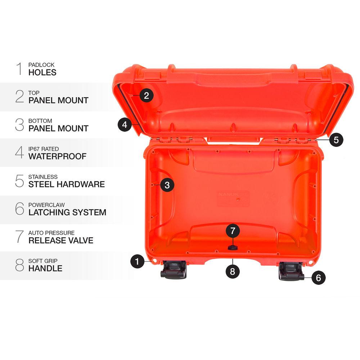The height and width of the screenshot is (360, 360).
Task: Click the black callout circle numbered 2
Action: point(146,96)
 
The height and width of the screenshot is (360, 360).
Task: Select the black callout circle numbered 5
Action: point(336,140)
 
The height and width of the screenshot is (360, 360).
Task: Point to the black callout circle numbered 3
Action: point(167,185)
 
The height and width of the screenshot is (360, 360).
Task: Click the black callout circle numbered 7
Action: point(233,230)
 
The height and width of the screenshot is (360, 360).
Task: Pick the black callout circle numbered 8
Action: point(233,271)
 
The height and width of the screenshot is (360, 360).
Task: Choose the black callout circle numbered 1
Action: point(137,261)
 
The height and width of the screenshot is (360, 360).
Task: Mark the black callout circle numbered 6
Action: point(319,278)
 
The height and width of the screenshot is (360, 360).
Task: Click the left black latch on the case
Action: point(174,270)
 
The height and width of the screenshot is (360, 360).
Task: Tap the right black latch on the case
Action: point(291,271)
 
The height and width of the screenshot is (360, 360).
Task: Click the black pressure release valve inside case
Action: point(232,247)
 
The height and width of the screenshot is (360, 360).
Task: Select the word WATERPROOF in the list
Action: point(58,156)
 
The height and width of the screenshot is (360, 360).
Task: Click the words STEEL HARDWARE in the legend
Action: point(67,184)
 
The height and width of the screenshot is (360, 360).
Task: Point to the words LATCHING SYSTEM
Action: point(67,212)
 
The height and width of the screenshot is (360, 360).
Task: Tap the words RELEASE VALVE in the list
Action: point(61,240)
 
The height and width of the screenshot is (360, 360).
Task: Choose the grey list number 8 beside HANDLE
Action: point(19,265)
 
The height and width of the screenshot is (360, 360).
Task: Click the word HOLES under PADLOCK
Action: point(42,72)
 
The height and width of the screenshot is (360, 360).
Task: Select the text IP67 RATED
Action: point(44,149)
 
